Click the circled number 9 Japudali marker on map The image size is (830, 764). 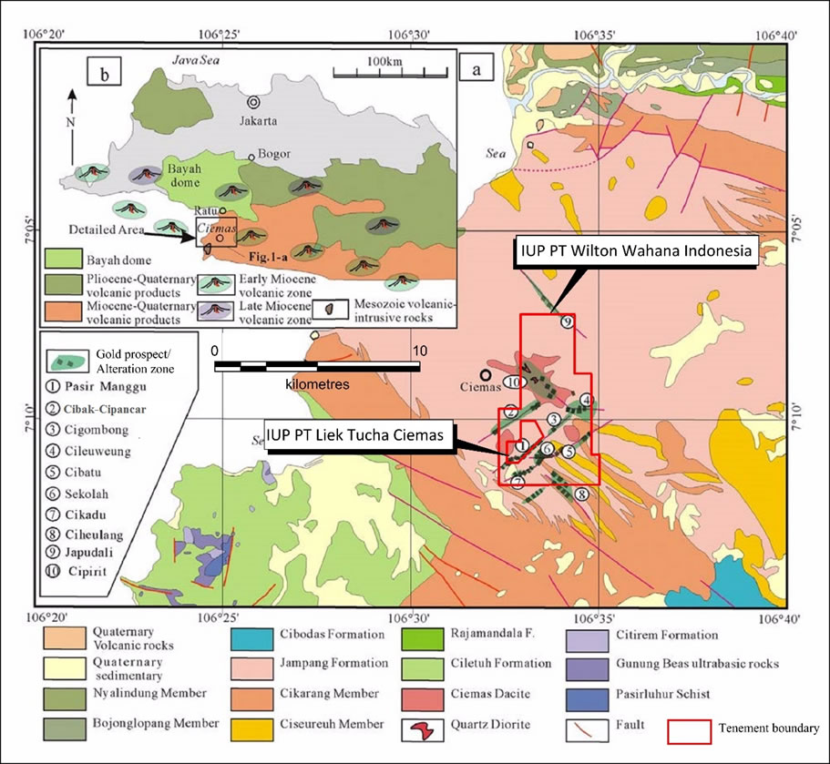click(567, 322)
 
